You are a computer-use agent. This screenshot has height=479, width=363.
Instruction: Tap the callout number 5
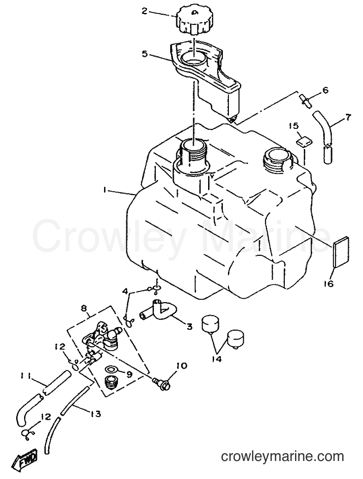click(x=145, y=54)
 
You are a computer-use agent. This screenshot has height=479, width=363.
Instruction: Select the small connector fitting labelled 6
click(x=305, y=101)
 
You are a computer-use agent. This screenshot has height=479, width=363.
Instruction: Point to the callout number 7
click(x=348, y=117)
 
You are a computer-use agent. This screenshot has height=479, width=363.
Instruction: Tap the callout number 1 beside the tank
click(x=105, y=190)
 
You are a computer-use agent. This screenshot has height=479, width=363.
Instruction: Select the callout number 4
click(x=124, y=292)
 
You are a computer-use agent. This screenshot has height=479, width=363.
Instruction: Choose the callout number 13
click(x=95, y=414)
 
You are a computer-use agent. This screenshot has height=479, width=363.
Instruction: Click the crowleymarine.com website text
click(x=282, y=457)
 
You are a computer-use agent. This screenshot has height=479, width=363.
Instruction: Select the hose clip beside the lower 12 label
click(x=28, y=434)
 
